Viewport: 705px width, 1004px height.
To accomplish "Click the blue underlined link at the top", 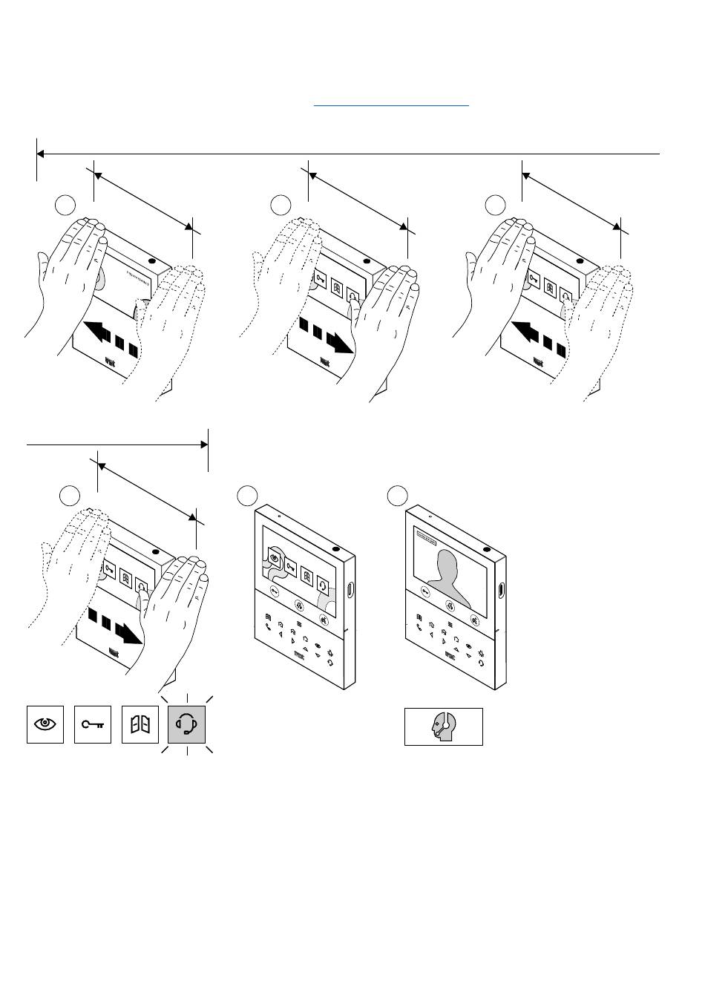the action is coord(391,105).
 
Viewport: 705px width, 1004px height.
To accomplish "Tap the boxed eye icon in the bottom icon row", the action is coord(45,724).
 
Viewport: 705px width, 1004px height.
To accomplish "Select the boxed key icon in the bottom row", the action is coord(93,724).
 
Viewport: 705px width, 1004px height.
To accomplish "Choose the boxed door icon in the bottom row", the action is coord(140,724).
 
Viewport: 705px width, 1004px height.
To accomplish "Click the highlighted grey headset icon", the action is coord(188,724).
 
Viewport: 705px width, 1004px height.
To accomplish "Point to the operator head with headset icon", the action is coord(443,726).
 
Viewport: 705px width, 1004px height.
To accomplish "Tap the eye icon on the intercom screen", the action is coord(275,558).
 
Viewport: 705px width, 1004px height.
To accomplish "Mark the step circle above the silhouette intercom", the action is coord(399,495).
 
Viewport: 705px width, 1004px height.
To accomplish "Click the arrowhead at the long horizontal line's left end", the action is coord(41,154).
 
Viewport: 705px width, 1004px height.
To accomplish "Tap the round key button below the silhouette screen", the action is coord(424,591).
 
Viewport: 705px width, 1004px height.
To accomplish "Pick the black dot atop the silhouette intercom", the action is coord(486,550).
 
